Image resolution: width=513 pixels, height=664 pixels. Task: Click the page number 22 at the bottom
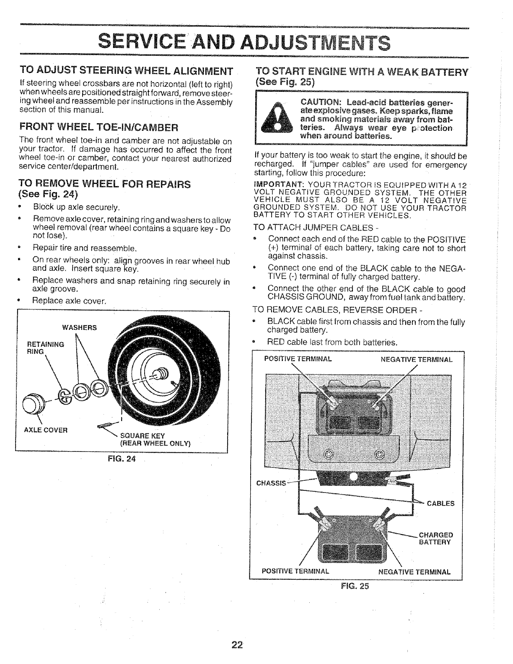click(x=237, y=644)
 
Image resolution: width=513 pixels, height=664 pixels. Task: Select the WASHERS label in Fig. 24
click(x=79, y=327)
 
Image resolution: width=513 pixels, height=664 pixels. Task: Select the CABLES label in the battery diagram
click(x=440, y=503)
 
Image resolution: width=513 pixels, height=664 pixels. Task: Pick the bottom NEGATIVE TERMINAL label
click(x=414, y=572)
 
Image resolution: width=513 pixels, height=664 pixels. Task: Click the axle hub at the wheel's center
click(x=161, y=372)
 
